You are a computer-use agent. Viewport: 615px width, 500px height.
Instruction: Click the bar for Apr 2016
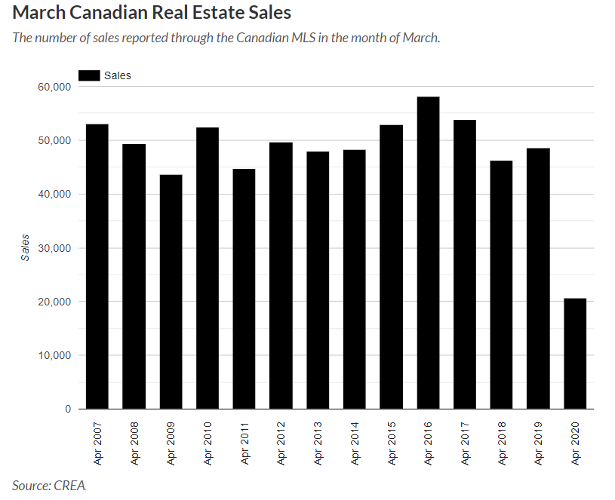click(428, 253)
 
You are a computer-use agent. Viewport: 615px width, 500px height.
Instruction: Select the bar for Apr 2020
click(574, 354)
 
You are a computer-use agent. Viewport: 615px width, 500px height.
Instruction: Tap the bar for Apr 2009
click(171, 292)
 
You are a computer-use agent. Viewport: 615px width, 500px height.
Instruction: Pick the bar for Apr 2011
click(244, 289)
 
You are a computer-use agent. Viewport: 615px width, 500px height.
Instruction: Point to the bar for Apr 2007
click(97, 266)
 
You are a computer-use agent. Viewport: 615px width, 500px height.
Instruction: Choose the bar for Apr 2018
click(501, 284)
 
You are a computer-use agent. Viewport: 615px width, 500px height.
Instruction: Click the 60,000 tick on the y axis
click(54, 87)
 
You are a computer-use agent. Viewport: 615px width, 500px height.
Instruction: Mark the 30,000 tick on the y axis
click(54, 248)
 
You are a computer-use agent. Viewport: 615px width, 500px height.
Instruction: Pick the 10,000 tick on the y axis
click(54, 355)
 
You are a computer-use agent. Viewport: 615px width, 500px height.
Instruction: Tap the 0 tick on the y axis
click(68, 409)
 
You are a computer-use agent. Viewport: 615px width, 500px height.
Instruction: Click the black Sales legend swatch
click(89, 75)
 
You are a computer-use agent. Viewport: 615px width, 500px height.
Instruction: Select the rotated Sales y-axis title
click(25, 247)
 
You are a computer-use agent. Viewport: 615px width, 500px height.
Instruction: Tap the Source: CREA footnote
click(49, 485)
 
